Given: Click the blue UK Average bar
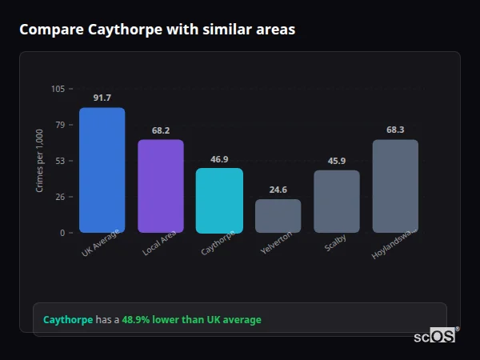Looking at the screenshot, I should (x=102, y=170).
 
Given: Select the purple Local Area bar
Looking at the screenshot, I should (x=160, y=186).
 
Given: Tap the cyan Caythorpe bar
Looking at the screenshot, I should (x=219, y=200).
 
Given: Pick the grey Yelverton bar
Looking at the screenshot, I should (x=278, y=216).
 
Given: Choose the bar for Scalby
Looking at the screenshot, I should (x=337, y=201).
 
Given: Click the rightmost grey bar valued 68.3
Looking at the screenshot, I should (x=395, y=186).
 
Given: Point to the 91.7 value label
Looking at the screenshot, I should (x=102, y=98).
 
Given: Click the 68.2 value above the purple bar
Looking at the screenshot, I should (x=160, y=130).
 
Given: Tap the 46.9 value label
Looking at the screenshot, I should (x=219, y=158).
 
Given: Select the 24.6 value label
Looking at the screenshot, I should (x=278, y=190).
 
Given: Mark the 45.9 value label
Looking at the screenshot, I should (x=337, y=161).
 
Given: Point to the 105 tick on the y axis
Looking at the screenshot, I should (x=58, y=89).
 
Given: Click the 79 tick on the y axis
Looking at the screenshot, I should (x=60, y=125).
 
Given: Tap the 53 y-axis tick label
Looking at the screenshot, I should (x=60, y=161).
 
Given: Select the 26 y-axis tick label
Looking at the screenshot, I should (x=60, y=197).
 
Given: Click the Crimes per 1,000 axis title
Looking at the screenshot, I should (x=40, y=161).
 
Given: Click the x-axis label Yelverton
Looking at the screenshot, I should (x=277, y=243).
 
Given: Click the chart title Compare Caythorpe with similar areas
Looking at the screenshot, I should (x=157, y=30).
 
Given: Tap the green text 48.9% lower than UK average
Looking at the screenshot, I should (x=191, y=320).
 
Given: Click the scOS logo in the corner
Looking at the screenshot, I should (x=435, y=336).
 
